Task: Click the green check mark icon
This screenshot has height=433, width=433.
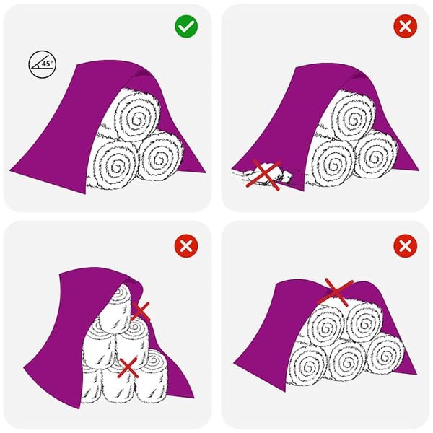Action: tap(186, 27)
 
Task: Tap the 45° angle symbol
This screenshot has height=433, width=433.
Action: tap(42, 64)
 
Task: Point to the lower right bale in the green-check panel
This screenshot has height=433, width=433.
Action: tap(161, 158)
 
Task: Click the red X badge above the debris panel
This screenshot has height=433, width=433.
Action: tap(405, 27)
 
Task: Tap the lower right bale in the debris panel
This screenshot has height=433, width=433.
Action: tap(375, 157)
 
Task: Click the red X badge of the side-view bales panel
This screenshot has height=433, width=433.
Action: tap(186, 246)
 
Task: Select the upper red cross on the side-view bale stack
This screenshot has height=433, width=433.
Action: tap(140, 311)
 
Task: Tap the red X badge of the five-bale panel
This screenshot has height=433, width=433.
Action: tap(405, 246)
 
